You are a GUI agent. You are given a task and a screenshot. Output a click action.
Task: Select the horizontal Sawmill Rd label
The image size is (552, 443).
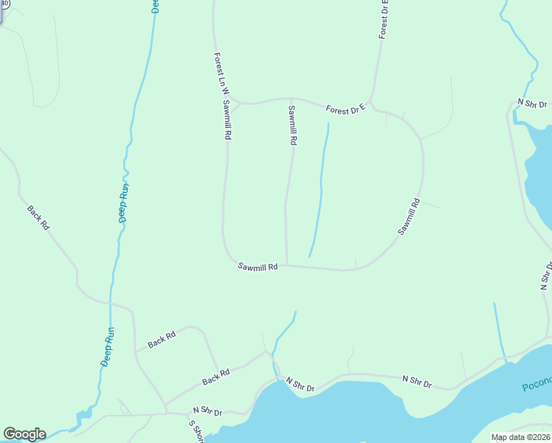click(258, 267)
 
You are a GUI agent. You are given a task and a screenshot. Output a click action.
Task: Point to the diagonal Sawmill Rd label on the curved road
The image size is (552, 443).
click(409, 216)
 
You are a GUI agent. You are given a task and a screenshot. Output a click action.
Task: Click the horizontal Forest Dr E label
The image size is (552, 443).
click(346, 109)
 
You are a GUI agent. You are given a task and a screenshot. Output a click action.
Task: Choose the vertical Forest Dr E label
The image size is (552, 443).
click(384, 19)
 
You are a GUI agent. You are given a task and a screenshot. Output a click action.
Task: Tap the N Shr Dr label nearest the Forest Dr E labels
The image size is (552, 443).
click(532, 104)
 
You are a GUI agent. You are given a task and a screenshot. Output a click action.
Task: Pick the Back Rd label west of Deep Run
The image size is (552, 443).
click(38, 218)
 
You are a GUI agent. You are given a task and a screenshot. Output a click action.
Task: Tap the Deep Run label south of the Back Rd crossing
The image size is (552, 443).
click(108, 348)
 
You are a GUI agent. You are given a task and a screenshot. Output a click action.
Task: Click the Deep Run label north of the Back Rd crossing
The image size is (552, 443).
click(124, 202)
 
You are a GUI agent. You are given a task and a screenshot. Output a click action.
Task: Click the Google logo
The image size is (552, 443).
click(24, 434)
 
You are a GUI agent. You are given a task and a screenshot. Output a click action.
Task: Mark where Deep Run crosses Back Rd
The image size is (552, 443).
click(109, 302)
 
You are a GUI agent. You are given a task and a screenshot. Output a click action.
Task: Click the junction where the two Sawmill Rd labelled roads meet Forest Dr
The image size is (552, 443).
click(238, 103)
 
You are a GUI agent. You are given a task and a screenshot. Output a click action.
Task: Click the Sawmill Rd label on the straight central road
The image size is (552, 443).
click(292, 125)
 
